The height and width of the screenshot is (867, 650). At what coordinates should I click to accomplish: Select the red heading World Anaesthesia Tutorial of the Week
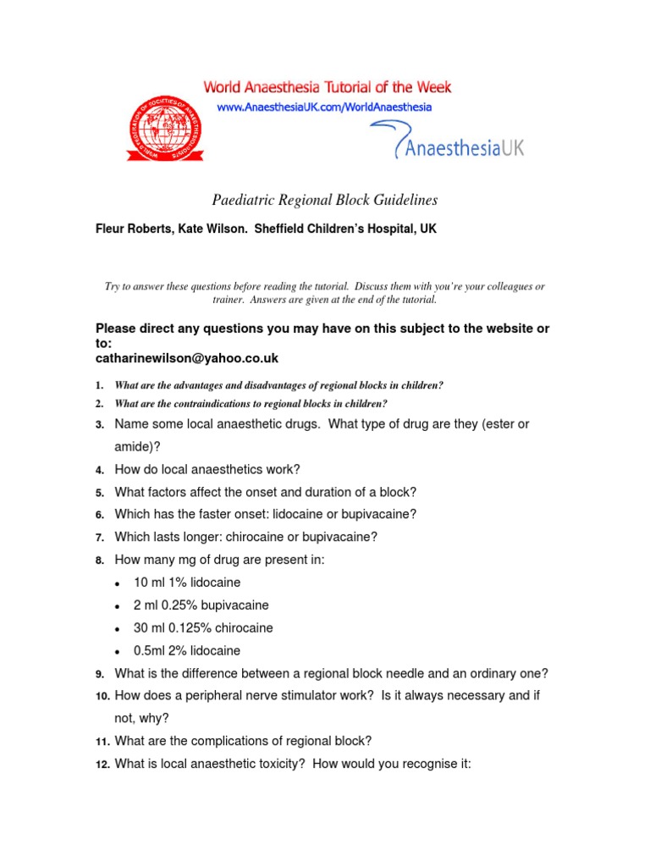326,87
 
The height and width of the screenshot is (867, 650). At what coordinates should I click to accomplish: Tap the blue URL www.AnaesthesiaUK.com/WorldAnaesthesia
324,108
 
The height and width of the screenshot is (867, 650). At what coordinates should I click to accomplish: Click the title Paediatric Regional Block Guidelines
324,200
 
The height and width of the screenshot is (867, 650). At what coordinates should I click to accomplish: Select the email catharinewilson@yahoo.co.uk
187,358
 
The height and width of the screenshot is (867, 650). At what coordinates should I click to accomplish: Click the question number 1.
99,386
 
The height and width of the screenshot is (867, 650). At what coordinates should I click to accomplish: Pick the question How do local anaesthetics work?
207,469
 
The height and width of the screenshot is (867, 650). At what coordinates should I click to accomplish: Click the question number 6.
99,515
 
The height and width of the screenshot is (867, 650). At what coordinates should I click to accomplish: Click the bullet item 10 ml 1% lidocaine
187,583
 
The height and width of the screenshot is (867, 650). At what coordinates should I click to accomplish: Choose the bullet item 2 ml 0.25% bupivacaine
201,605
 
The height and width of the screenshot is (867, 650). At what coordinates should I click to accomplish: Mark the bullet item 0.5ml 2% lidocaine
187,651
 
